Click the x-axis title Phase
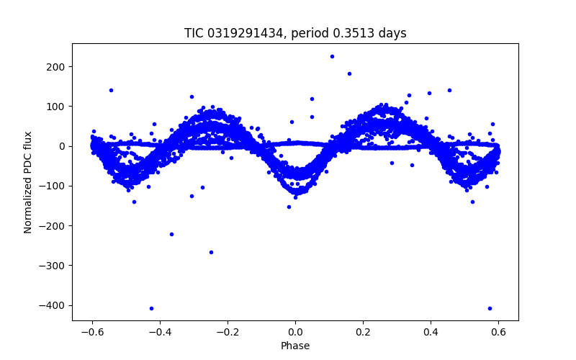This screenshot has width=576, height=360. [295, 346]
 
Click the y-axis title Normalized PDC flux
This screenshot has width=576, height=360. [28, 182]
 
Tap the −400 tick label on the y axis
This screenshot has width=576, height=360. [54, 305]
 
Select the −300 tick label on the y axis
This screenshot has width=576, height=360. [54, 266]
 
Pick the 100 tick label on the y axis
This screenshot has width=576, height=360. [57, 107]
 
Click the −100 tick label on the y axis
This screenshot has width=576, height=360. [54, 186]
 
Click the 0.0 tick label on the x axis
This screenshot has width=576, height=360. [295, 333]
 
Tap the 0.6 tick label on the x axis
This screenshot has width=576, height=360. [498, 333]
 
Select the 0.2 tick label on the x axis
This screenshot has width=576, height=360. [363, 333]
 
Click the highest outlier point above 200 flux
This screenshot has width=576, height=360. [332, 56]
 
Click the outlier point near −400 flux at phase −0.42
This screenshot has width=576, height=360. [151, 308]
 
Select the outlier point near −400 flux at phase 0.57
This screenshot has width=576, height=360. [490, 308]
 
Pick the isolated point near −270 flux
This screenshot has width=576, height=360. [211, 252]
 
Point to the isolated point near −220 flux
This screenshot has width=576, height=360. [171, 234]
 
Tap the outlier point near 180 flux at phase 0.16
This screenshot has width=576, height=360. [349, 73]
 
